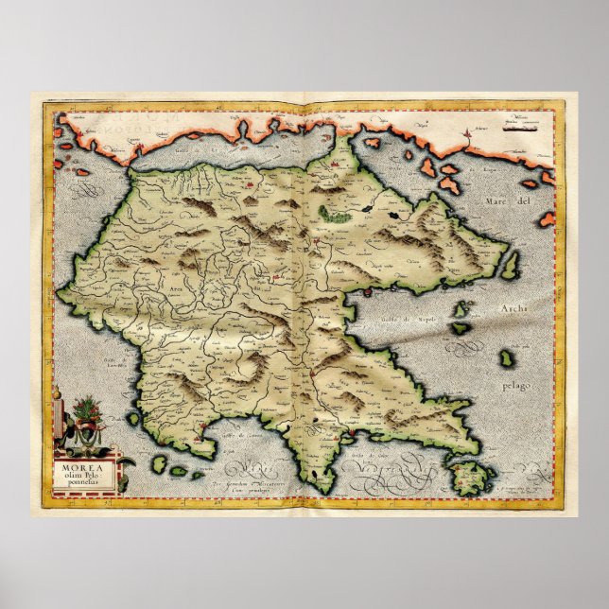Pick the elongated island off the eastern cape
511,265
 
